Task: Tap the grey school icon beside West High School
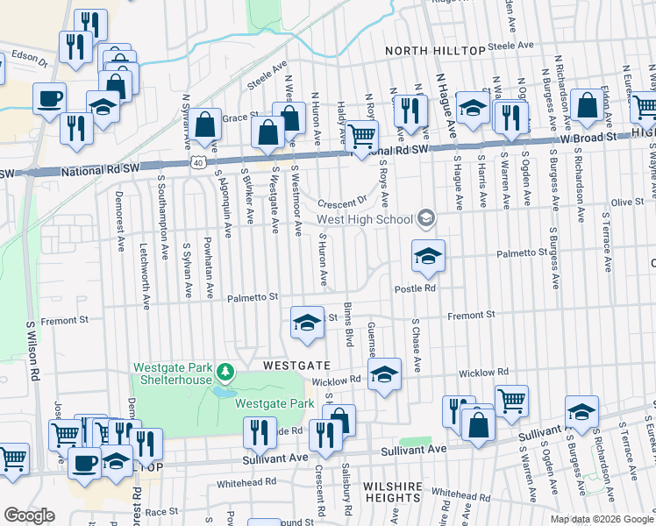[x=426, y=217]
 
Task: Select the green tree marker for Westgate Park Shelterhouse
[x=226, y=373]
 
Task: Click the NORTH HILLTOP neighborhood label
[x=435, y=52]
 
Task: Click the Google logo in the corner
[x=29, y=515]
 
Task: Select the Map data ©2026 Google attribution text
[x=601, y=518]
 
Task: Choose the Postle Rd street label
[x=415, y=288]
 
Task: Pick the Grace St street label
[x=239, y=116]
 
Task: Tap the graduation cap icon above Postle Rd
[x=428, y=256]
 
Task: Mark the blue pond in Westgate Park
[x=223, y=393]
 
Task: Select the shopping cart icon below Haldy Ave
[x=361, y=137]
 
